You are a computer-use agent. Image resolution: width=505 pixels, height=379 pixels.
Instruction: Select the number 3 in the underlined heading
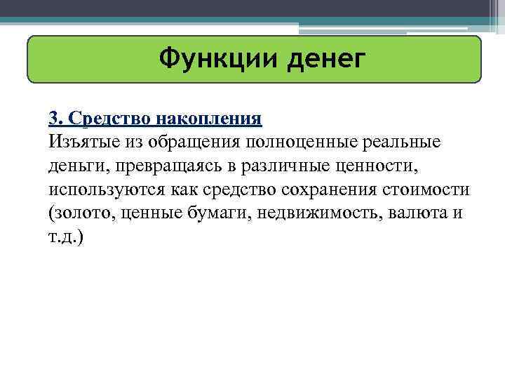coord(53,117)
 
